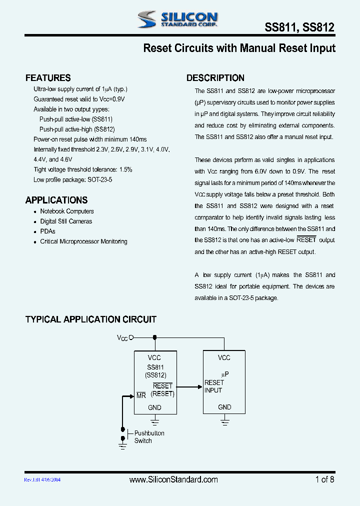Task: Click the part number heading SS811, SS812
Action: pos(299,28)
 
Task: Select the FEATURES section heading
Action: pos(48,78)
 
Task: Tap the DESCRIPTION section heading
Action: pos(215,78)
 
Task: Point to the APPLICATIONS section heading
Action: pos(56,200)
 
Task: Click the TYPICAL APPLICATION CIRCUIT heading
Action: pos(91,319)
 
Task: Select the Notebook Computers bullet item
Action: pos(67,211)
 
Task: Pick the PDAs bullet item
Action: pos(47,231)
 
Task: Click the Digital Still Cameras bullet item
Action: pos(66,221)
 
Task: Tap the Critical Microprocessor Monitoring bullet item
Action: pos(83,241)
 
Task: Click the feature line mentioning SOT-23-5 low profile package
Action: pos(73,179)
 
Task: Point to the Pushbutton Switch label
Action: pos(149,437)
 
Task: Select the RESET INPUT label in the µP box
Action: pos(214,386)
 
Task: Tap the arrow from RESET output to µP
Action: pos(189,386)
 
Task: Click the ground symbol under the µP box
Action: pos(224,422)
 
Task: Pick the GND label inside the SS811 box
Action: pos(154,407)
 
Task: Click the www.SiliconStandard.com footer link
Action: pos(173,479)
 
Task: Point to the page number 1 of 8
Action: pos(324,479)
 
